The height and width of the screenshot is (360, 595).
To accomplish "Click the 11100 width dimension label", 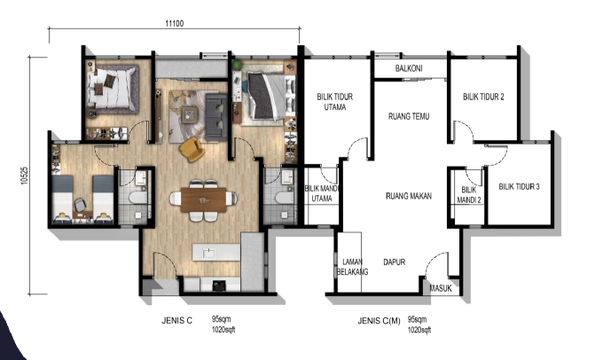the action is click(x=174, y=24).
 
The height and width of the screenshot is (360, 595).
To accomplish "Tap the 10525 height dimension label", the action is click(x=25, y=176).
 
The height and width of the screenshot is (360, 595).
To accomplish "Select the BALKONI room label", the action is click(x=409, y=68).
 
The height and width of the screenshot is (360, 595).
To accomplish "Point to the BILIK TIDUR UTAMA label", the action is click(x=335, y=102).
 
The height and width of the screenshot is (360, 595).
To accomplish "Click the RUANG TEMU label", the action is click(x=409, y=116).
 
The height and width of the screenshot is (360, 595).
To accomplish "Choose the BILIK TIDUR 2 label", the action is click(x=483, y=97).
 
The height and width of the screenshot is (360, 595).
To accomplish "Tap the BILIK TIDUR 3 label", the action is click(x=519, y=186).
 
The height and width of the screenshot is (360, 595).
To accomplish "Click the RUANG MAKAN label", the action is click(x=409, y=196).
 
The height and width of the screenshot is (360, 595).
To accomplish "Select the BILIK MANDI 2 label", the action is click(x=468, y=194).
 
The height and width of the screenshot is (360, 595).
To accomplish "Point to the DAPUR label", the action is click(x=395, y=262).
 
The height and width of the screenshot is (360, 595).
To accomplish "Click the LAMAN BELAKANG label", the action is click(x=353, y=267).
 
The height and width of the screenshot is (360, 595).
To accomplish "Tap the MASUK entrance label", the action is click(x=441, y=288).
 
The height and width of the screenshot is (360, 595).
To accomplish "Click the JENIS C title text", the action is click(x=176, y=321).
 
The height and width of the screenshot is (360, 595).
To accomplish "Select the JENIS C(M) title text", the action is click(x=379, y=321).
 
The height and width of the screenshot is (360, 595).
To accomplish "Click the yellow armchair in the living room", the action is click(x=192, y=149).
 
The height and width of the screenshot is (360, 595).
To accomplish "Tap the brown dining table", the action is click(x=203, y=200).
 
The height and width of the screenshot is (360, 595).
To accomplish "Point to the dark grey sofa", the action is click(x=216, y=117).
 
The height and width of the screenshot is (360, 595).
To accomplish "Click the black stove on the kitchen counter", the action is click(x=219, y=286).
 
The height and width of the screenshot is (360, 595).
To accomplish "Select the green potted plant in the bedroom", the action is click(x=238, y=65).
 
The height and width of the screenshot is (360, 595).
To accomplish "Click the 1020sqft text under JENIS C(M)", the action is click(x=419, y=330).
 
